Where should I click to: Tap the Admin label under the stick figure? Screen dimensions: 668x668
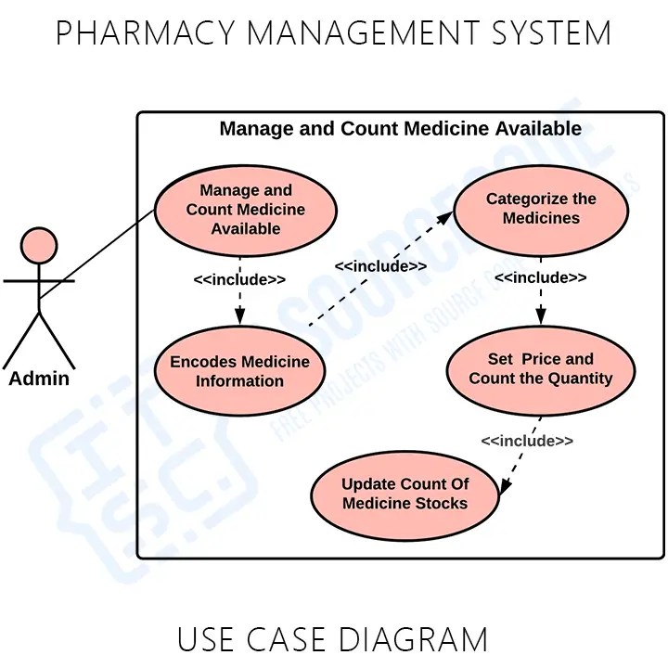39,379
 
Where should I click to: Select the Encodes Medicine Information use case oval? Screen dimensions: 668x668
240,371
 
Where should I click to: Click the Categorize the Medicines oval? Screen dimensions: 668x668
541,209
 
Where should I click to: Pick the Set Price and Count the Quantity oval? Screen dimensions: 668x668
541,369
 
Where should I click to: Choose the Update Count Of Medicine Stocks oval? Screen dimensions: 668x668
405,494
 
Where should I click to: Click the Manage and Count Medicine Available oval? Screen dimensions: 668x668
245,210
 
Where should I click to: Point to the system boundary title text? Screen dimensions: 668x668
400,128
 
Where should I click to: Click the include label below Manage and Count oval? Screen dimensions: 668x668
239,279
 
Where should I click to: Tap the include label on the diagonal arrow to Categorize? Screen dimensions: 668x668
380,266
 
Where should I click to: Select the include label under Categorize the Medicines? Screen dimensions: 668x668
540,277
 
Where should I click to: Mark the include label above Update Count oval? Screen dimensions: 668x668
527,441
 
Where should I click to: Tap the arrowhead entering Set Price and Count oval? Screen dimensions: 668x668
541,320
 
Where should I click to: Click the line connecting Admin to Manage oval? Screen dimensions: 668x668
97,252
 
